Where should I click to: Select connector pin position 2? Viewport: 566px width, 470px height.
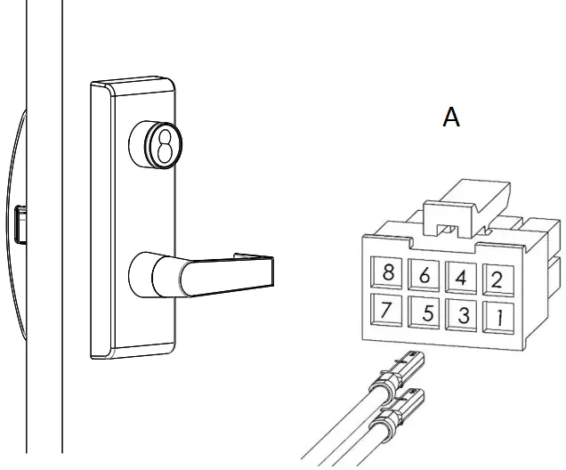pos(497,280)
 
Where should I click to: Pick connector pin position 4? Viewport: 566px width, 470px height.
pos(460,277)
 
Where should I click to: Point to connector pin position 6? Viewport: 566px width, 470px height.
pos(424,275)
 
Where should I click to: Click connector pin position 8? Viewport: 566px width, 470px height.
pos(388,272)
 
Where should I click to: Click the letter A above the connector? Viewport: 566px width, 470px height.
pos(452,117)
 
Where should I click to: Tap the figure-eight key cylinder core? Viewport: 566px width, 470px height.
pos(165,143)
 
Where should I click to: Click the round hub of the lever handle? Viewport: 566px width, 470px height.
pos(153,274)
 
